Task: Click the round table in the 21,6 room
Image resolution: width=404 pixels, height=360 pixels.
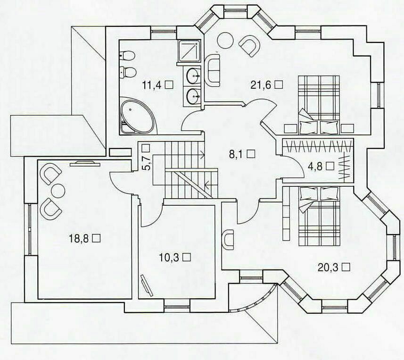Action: (225, 40)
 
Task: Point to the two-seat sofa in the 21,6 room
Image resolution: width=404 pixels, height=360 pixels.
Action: (213, 70)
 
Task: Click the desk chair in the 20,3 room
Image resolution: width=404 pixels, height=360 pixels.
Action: (228, 240)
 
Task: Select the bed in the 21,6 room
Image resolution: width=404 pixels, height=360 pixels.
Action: (319, 105)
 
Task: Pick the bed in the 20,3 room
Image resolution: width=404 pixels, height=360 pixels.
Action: (319, 216)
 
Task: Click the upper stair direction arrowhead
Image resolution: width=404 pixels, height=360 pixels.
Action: (203, 155)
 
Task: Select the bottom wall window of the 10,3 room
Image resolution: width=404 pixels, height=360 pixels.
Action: (177, 307)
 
